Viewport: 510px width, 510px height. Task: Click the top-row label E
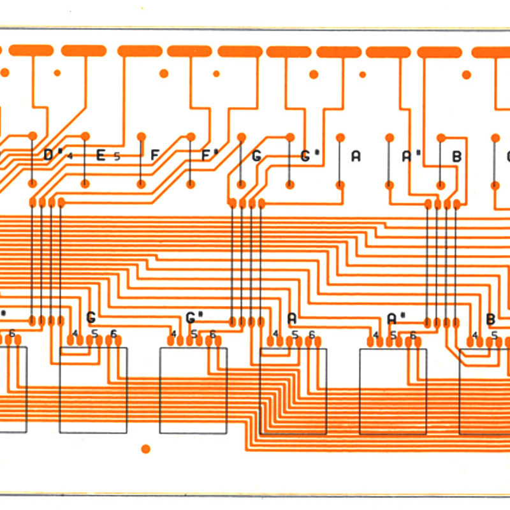point(100,155)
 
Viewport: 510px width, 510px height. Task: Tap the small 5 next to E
point(117,156)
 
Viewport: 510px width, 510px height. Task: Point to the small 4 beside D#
point(71,156)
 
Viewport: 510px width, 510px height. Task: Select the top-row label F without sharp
point(155,155)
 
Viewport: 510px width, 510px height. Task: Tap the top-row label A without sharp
point(356,155)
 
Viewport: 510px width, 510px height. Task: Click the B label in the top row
point(456,155)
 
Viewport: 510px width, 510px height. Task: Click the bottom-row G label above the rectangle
point(91,317)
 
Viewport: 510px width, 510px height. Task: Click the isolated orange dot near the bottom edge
point(145,449)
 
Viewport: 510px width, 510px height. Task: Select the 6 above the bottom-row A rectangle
point(312,334)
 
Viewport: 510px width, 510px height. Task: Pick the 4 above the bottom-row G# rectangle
point(174,334)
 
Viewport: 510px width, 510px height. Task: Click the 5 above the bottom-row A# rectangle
point(393,334)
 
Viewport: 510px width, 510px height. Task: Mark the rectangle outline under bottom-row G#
point(193,390)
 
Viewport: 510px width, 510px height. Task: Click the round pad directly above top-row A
point(340,137)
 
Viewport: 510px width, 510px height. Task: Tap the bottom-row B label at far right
point(490,319)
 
